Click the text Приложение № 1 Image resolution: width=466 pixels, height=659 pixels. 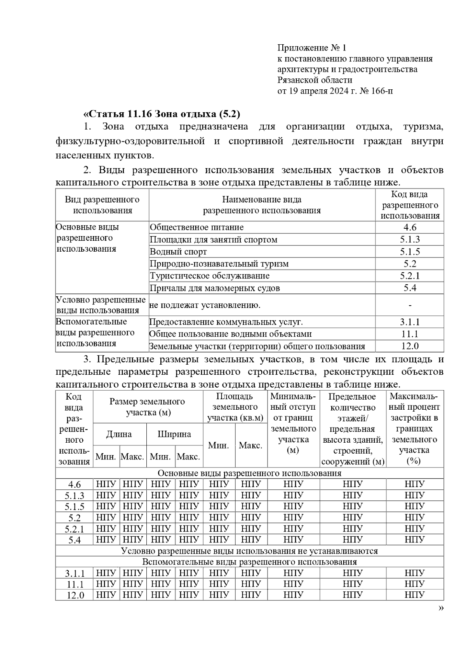(x=311, y=48)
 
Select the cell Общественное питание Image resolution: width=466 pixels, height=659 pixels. (x=197, y=228)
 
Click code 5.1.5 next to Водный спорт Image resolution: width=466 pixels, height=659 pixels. (x=410, y=252)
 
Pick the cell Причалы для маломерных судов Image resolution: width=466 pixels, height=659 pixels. (x=215, y=288)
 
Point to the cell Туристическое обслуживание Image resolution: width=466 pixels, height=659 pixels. (x=210, y=276)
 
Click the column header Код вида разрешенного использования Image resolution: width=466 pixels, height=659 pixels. (x=410, y=205)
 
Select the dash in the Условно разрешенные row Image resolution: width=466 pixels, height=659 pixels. (x=410, y=305)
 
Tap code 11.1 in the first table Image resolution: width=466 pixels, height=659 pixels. (x=410, y=334)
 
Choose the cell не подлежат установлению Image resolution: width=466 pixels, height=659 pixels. (x=205, y=305)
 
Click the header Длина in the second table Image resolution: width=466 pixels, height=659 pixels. (x=119, y=434)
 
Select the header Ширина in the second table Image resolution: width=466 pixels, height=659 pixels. (x=174, y=434)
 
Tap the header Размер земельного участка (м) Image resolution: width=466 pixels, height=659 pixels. (x=148, y=407)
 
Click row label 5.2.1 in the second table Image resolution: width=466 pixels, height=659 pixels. (x=74, y=529)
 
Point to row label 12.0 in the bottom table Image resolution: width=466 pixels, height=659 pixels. (x=75, y=595)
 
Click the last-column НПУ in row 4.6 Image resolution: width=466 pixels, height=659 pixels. (x=414, y=484)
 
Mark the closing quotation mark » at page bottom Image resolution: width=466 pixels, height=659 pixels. (x=441, y=609)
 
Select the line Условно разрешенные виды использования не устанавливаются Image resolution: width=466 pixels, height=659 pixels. (x=249, y=551)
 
